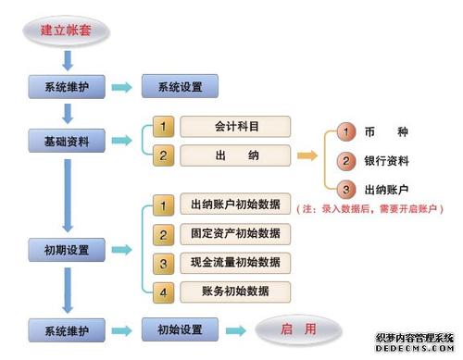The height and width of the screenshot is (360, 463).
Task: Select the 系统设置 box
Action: tap(180, 88)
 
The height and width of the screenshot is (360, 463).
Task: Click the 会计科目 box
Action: tap(235, 126)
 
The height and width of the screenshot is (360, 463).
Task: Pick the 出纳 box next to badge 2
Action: tap(235, 155)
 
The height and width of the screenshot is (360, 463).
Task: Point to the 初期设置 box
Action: tap(66, 250)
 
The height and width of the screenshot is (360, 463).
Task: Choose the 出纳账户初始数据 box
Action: tap(235, 205)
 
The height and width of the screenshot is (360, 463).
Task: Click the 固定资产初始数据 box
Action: tap(235, 233)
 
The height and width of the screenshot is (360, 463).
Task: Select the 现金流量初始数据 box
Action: tap(235, 263)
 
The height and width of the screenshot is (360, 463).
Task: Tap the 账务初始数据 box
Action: tap(235, 292)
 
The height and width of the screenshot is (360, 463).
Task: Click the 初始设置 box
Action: tap(180, 329)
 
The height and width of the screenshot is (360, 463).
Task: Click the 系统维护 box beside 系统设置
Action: tap(66, 88)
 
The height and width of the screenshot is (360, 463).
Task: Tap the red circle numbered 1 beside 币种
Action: tap(345, 132)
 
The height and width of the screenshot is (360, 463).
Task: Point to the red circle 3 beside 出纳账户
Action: tap(345, 191)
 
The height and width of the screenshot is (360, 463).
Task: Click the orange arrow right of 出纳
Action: tap(307, 155)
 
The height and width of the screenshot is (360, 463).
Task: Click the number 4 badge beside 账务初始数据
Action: tap(163, 292)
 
